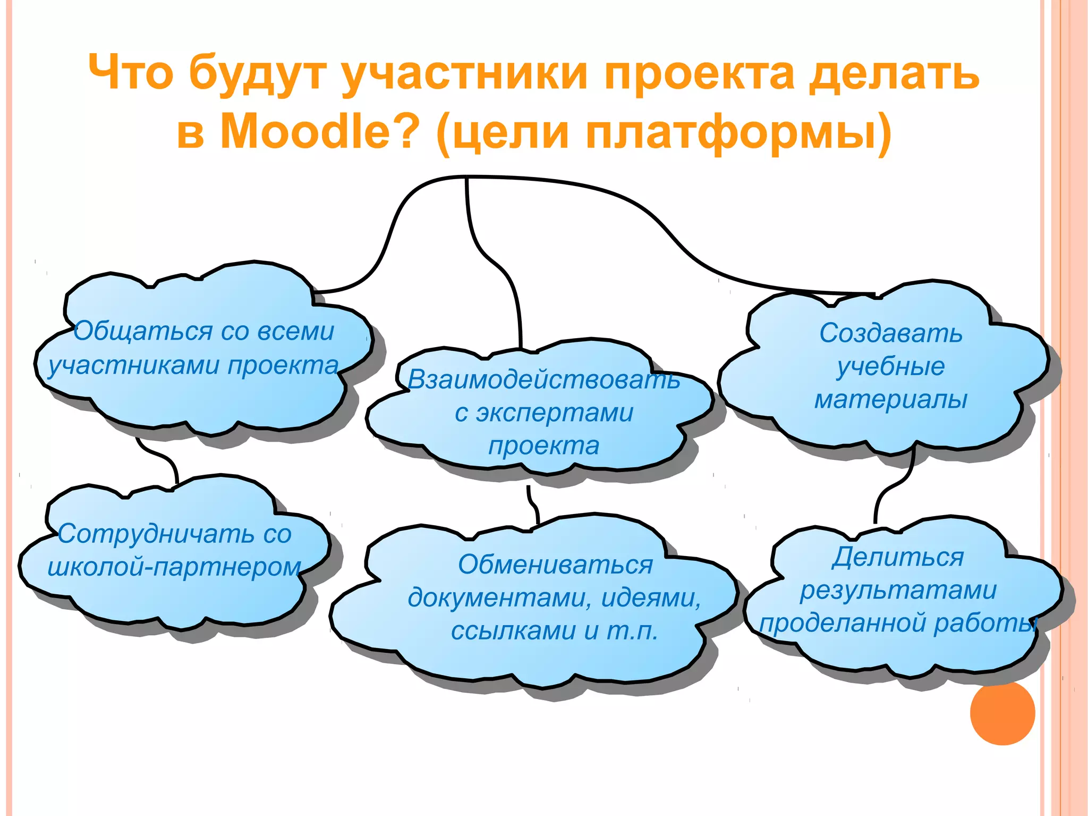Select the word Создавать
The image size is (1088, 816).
click(890, 333)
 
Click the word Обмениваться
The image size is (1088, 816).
click(555, 565)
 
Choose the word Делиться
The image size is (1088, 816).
click(897, 557)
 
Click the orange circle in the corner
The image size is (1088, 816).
click(1002, 713)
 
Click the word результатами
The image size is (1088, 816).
click(898, 590)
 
